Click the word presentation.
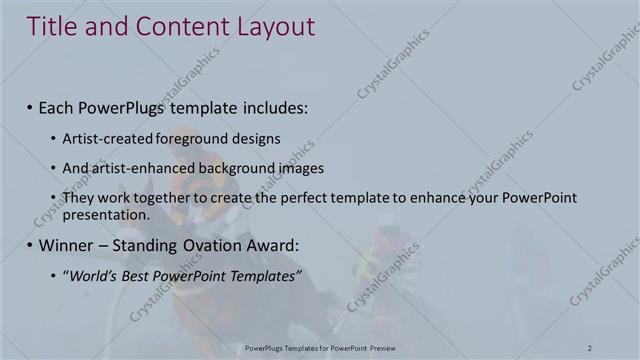coord(105,213)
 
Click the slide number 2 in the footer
coord(591,347)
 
